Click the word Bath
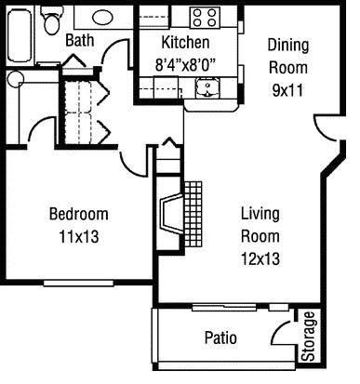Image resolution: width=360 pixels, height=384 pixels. pos(79,40)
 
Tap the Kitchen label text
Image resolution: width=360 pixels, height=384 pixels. pos(185,44)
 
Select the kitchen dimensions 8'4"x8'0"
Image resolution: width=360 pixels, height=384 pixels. pos(185,65)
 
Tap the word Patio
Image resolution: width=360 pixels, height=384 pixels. pos(220,337)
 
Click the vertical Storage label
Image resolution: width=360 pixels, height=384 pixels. pos(309,340)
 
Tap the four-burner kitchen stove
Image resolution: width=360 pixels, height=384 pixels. pos(205,17)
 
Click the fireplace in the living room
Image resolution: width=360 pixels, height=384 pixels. pos(170,216)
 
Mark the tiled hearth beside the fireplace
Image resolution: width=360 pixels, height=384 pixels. pos(193,213)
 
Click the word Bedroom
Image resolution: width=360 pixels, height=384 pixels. pos(78,214)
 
